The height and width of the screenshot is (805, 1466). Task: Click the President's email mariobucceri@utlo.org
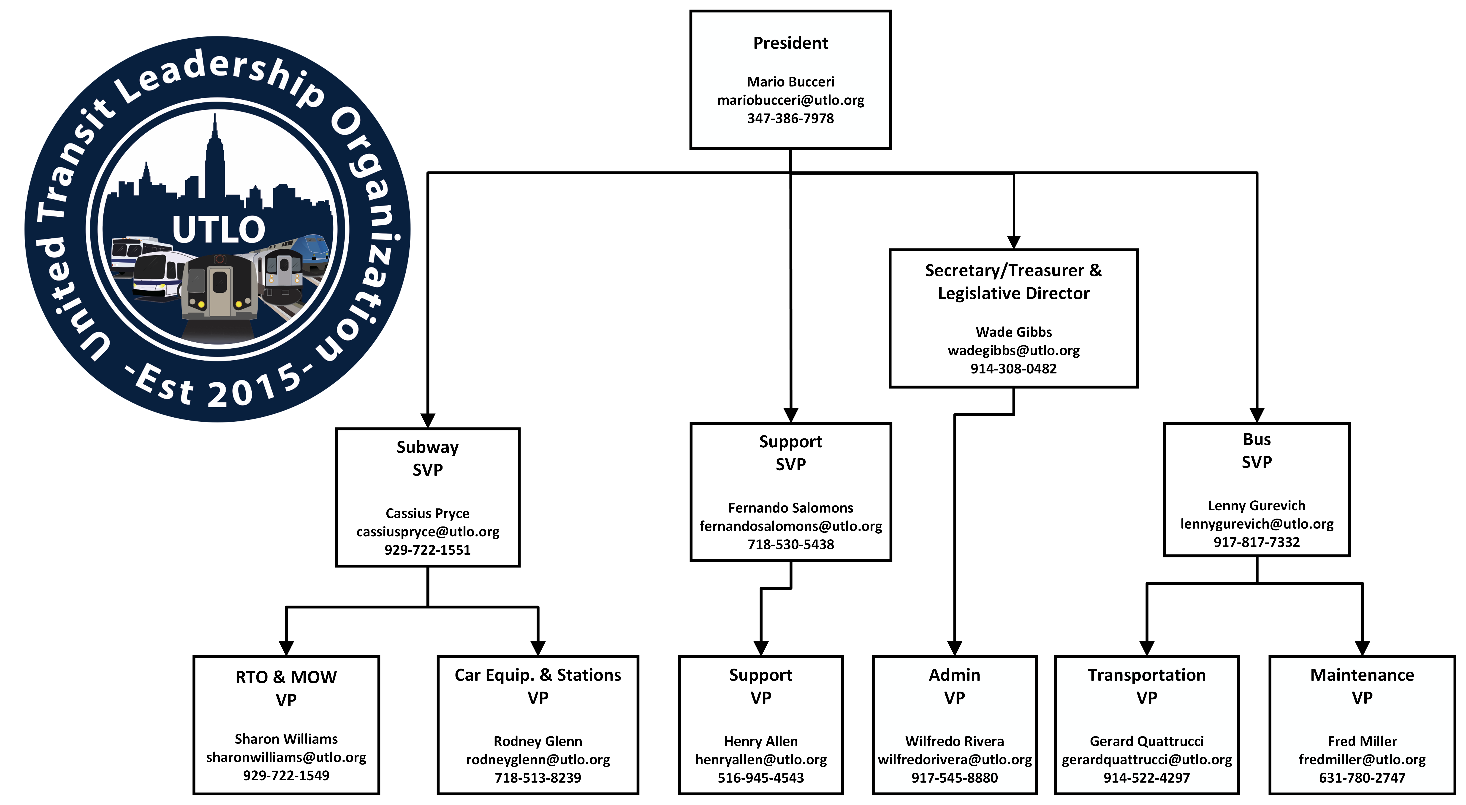click(790, 100)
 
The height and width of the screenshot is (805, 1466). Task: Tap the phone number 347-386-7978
click(790, 118)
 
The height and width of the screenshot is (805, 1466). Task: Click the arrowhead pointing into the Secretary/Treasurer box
click(1014, 243)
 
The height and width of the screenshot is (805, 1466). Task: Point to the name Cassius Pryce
click(427, 513)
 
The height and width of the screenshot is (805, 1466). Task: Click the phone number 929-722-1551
click(427, 550)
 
